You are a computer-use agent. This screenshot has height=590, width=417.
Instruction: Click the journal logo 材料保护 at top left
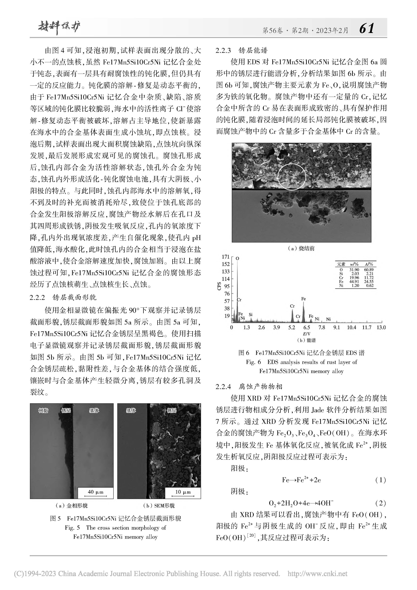(x=59, y=27)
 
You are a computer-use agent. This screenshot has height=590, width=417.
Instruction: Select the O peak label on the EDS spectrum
(x=237, y=258)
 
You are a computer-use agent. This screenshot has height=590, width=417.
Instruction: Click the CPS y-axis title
(x=219, y=286)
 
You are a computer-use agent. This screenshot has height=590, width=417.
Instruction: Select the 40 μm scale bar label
(x=95, y=492)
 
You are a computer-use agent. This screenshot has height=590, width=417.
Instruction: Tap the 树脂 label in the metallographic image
(x=43, y=411)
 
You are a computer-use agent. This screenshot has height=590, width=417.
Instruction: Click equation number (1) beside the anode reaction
(x=380, y=480)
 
